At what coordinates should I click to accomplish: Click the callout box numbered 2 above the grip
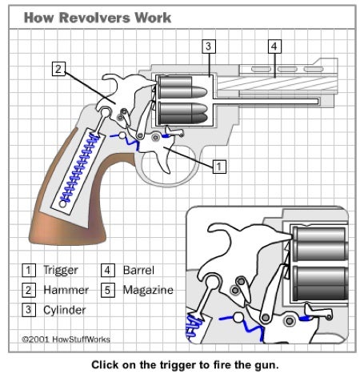coord(58,68)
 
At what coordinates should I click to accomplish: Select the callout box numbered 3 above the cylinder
coord(207,46)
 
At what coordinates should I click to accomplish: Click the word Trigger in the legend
coord(61,270)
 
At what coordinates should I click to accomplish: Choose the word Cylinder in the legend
coord(65,309)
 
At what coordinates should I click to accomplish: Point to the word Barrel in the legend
coord(138,270)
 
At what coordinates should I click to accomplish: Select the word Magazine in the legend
coord(148,289)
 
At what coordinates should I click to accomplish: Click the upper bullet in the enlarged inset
coord(320,245)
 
